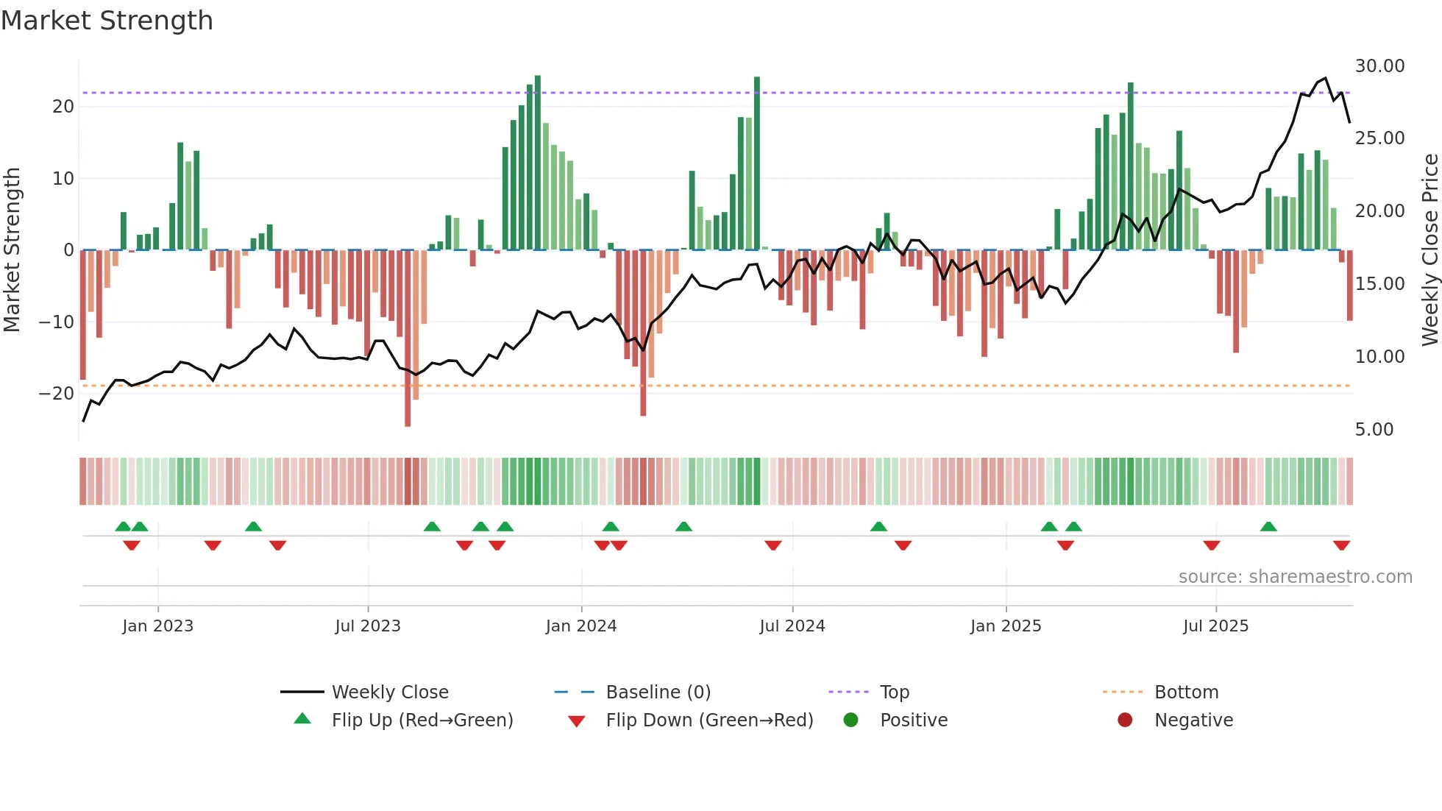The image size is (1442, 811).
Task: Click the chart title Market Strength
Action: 107,21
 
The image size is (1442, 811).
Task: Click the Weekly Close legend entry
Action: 389,692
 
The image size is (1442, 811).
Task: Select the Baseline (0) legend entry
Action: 658,692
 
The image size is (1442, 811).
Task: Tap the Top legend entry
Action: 894,692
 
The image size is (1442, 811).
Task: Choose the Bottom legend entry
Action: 1186,692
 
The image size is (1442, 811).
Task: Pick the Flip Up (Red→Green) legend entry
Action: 422,720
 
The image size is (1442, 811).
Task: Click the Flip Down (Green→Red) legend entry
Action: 709,720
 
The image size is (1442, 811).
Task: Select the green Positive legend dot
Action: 850,720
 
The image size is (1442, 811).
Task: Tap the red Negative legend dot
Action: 1125,720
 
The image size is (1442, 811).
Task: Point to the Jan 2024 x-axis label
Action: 580,626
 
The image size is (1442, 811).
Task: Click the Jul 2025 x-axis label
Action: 1215,626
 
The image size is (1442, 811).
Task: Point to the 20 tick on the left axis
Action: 63,107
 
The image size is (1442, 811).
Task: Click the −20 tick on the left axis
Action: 57,394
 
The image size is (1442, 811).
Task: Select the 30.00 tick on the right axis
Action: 1379,66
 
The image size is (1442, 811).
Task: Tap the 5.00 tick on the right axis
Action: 1374,430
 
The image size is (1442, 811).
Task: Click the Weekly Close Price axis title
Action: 1429,250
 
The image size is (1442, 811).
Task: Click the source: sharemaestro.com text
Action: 1295,577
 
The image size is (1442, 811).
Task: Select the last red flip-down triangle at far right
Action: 1341,545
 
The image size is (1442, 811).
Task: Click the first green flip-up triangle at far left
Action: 123,526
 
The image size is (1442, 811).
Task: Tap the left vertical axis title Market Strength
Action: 12,250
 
